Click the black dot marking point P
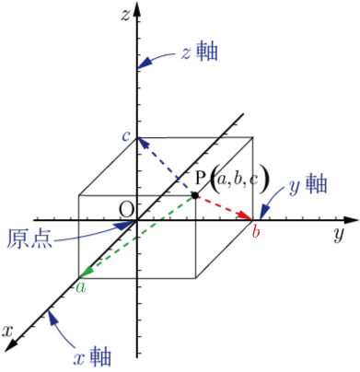194,195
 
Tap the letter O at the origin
127,210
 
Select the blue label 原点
29,238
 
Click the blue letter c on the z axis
126,136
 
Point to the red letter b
256,231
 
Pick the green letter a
81,287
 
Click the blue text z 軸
200,52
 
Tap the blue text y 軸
308,185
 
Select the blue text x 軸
92,356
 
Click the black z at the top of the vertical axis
125,15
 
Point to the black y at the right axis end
338,235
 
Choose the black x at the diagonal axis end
7,331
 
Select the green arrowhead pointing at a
87,272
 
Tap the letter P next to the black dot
201,178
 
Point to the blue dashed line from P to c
166,167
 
